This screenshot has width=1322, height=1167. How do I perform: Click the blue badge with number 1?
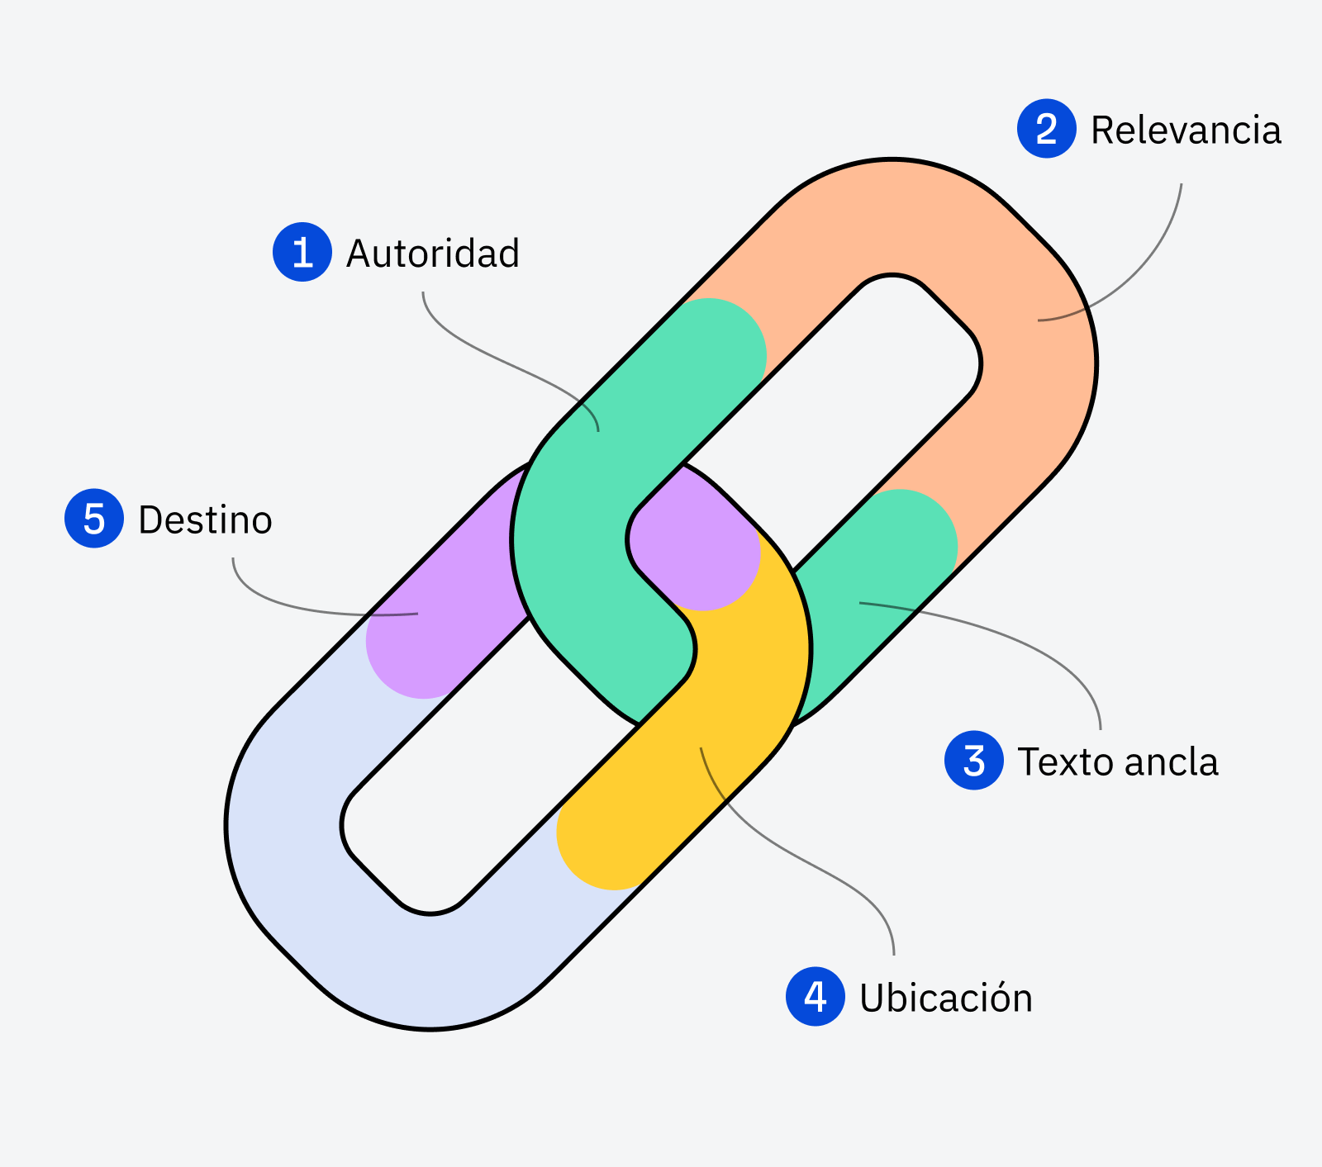click(302, 252)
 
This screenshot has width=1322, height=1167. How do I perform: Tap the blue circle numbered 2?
click(1046, 129)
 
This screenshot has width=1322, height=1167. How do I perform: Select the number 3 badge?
click(974, 761)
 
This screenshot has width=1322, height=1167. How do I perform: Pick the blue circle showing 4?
click(815, 997)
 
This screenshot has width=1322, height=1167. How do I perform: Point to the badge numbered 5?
click(94, 519)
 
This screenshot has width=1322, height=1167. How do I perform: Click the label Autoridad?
click(433, 254)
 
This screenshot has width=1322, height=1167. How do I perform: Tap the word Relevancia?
click(1186, 130)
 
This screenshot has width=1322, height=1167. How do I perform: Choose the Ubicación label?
click(946, 998)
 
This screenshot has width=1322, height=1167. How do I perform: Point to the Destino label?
click(205, 520)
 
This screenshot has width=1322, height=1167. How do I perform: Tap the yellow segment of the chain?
click(702, 743)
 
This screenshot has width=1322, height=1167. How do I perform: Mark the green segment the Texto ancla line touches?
click(876, 595)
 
